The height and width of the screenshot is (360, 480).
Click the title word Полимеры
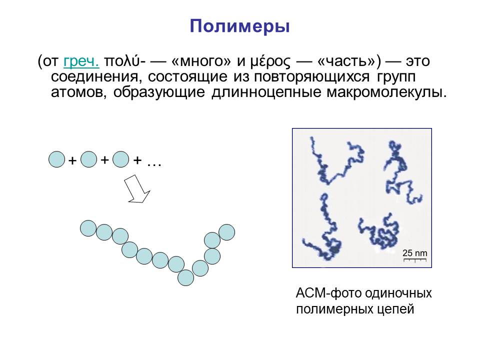point(239,26)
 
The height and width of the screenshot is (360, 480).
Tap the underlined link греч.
point(81,61)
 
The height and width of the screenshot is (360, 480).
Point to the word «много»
point(201,61)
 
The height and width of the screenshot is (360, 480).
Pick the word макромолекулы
point(386,92)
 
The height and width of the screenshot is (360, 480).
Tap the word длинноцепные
point(266,92)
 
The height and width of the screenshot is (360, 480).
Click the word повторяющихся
point(311,77)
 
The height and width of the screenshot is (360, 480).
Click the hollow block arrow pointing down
point(136,189)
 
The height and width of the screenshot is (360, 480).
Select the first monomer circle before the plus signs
point(57,159)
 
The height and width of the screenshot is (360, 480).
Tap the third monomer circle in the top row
point(121,159)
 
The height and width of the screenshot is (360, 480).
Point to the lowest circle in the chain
point(186,277)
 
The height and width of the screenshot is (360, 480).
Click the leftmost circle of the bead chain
point(88,228)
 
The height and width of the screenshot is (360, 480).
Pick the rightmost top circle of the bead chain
point(227,232)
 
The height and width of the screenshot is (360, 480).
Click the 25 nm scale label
point(415,253)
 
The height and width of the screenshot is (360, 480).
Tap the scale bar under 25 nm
point(415,260)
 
